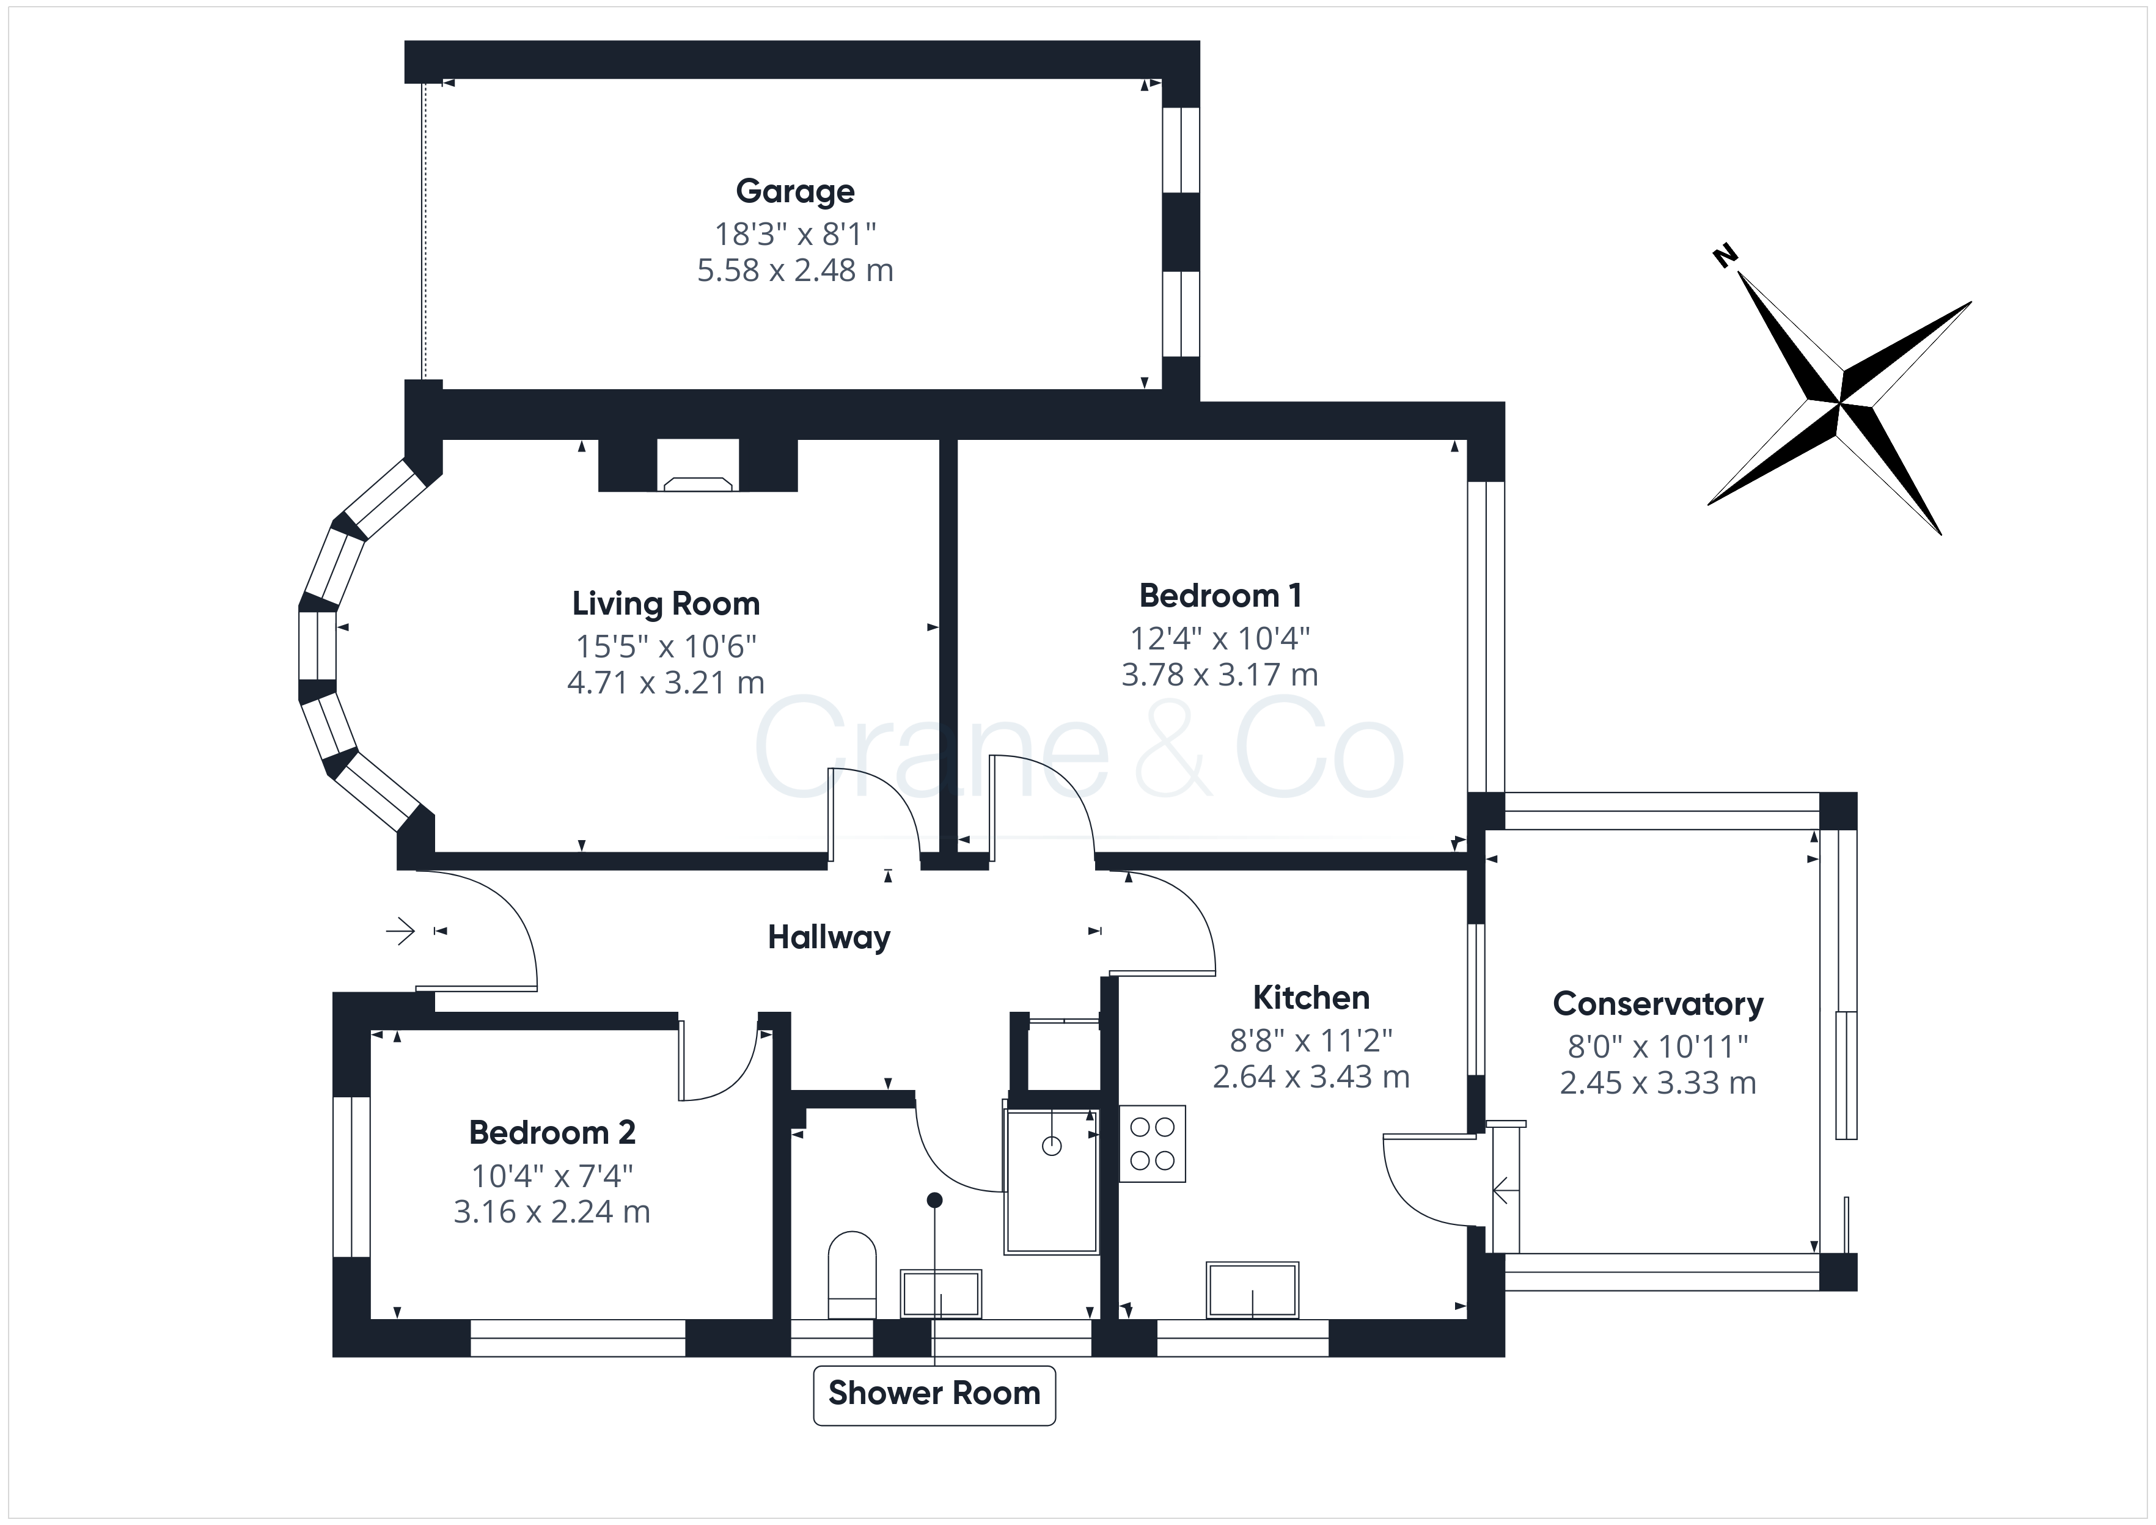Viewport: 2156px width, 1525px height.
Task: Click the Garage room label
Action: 795,192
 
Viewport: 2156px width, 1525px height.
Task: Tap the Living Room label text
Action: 665,604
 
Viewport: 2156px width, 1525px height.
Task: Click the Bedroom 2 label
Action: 552,1133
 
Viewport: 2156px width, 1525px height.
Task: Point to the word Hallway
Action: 829,937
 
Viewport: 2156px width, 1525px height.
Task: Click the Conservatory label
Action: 1659,1004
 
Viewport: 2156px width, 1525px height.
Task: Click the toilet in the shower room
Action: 853,1275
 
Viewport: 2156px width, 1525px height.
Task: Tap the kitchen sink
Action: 1253,1290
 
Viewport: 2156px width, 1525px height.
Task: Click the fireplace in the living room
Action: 698,466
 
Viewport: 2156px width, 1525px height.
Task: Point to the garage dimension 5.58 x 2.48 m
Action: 795,271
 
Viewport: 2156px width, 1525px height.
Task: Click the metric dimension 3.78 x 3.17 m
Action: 1220,675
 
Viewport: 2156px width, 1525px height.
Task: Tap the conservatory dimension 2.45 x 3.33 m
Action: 1659,1083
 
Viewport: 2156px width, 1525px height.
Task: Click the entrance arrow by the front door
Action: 401,932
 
